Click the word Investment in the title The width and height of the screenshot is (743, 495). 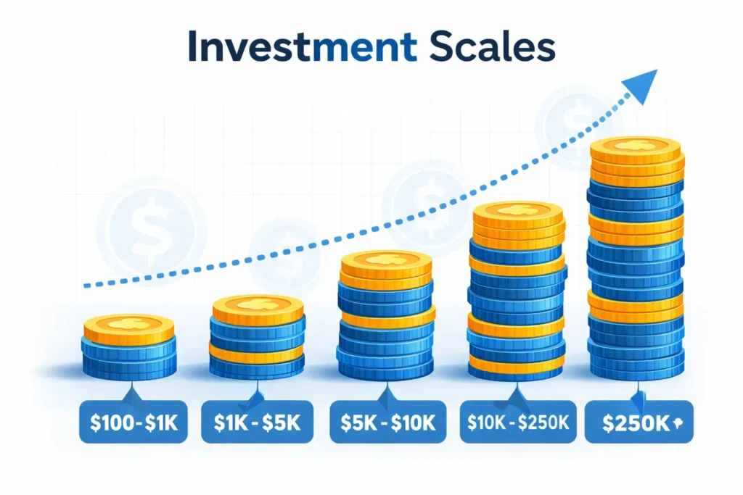(303, 46)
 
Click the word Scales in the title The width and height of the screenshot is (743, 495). (493, 46)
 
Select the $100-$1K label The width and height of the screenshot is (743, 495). (134, 422)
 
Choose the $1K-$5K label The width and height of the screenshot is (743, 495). (258, 422)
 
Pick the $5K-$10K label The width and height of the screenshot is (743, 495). (388, 422)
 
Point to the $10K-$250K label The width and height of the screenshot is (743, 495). (518, 422)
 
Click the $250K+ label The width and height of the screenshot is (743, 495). (639, 422)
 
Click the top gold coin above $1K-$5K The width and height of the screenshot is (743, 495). (258, 309)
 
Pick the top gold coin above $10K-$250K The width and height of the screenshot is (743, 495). (518, 216)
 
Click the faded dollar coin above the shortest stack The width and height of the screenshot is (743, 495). (151, 231)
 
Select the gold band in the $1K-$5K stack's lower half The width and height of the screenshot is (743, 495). (256, 352)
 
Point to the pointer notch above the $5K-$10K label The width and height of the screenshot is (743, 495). (388, 395)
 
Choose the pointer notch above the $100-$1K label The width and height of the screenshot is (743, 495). (132, 395)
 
